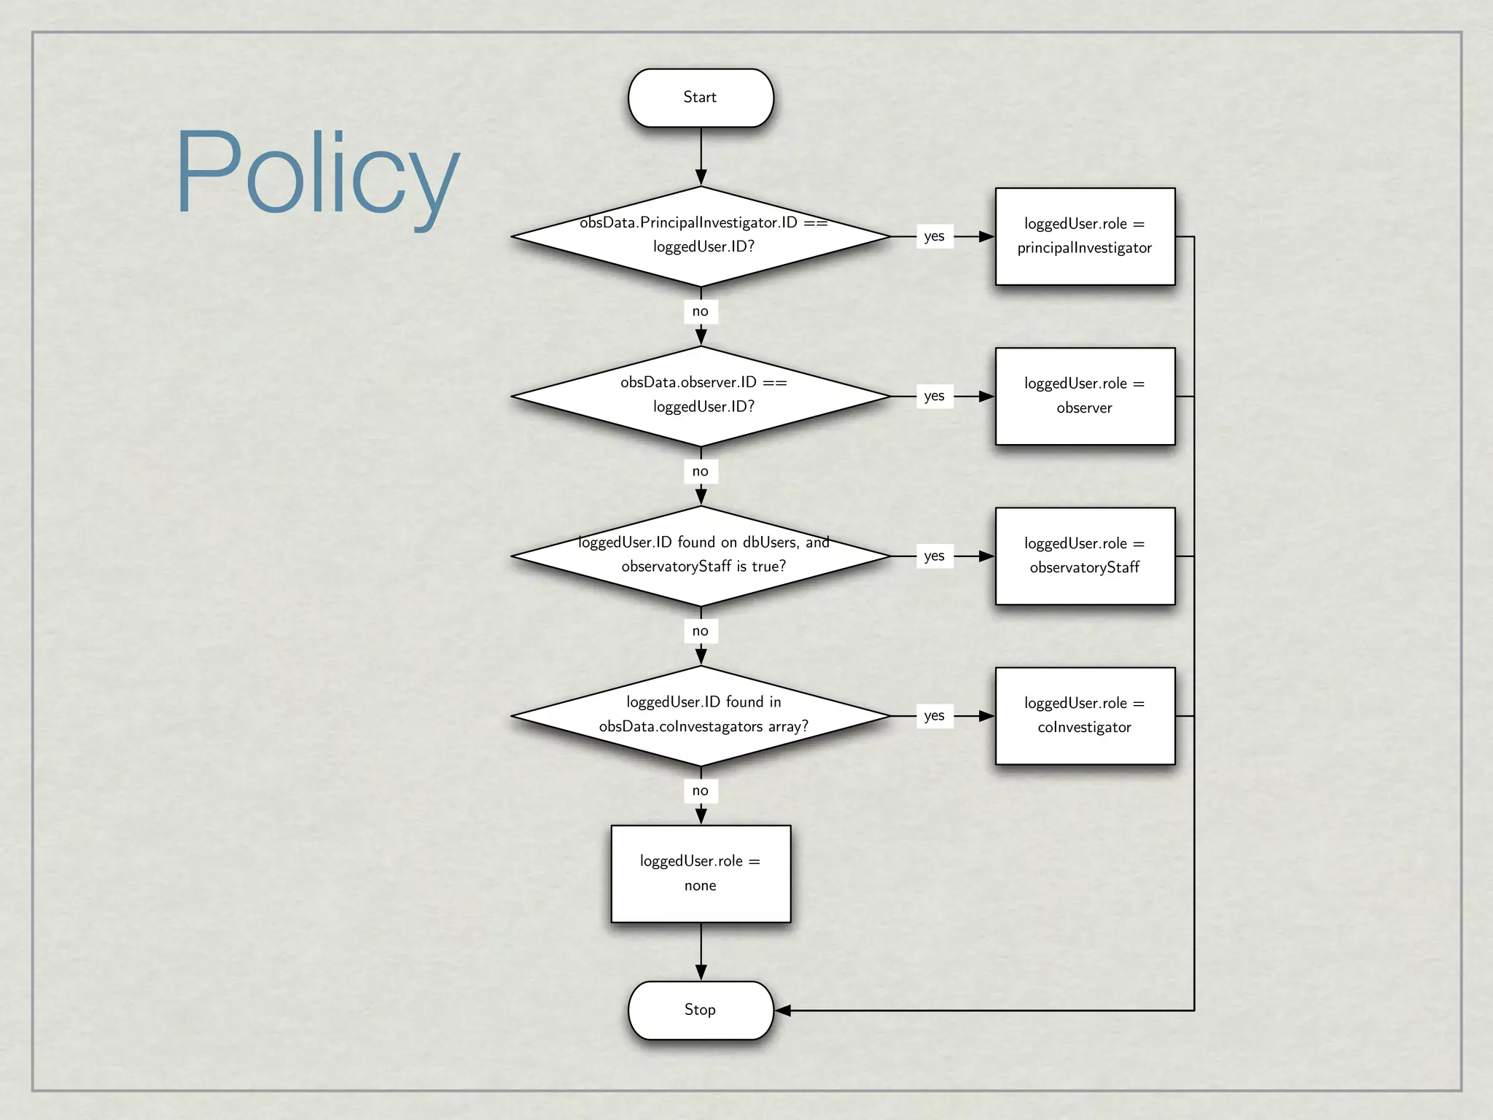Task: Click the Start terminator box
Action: [x=701, y=98]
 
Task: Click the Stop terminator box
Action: [x=701, y=1010]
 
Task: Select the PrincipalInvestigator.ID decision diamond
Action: [x=701, y=236]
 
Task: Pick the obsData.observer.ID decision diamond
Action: [x=701, y=395]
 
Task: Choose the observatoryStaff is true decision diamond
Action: [x=701, y=556]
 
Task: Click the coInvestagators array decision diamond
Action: [x=701, y=715]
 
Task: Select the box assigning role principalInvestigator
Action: [x=1085, y=236]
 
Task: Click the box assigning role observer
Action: [x=1085, y=396]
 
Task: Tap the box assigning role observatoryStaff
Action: [x=1085, y=556]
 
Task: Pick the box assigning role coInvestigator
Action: [x=1085, y=715]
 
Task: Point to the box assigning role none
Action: [x=701, y=874]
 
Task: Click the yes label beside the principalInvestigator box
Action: [x=934, y=236]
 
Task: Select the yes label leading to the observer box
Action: [x=934, y=396]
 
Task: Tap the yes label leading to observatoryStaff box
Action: [x=934, y=556]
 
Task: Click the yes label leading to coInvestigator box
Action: [x=934, y=715]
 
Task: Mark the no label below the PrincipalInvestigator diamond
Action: [x=701, y=311]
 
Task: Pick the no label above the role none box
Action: [x=701, y=790]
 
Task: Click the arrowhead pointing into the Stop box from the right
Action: [x=783, y=1011]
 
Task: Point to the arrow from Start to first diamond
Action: [x=701, y=157]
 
